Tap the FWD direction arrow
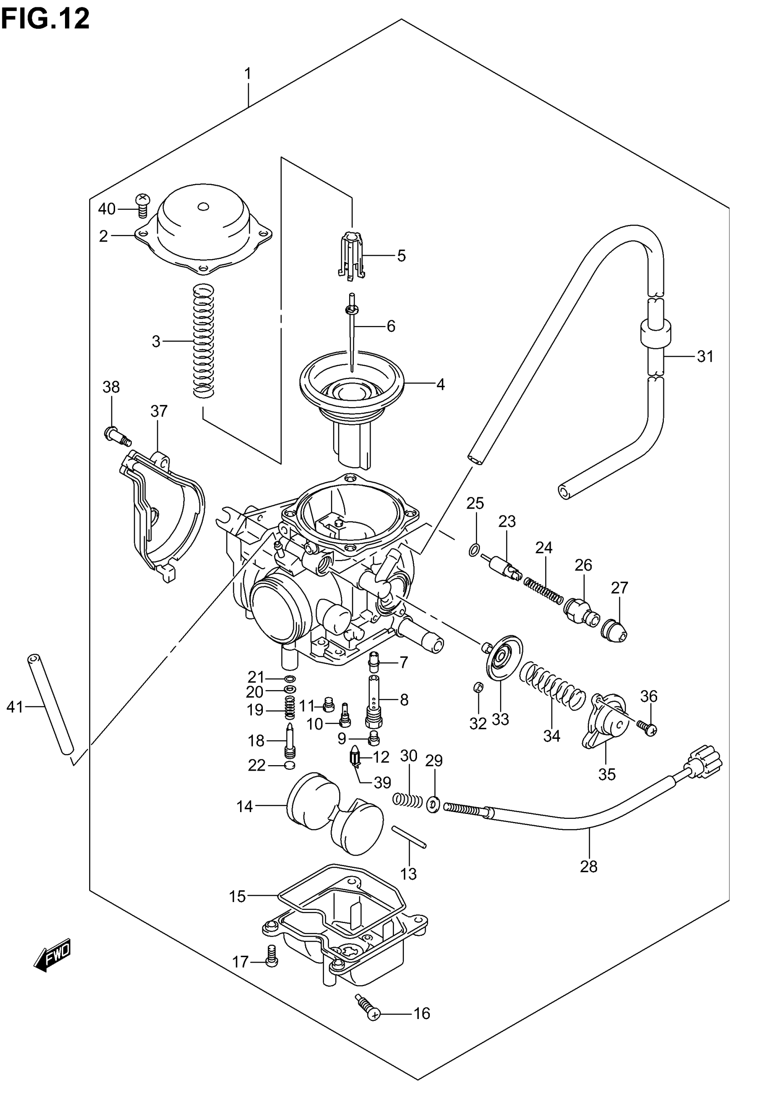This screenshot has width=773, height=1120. (x=53, y=955)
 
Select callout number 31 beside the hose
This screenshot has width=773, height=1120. (x=705, y=357)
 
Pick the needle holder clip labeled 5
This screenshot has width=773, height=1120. (x=351, y=255)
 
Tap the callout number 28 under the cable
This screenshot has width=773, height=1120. (x=588, y=866)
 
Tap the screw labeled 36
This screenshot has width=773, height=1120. (x=646, y=726)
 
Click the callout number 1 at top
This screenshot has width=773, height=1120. (x=247, y=74)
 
